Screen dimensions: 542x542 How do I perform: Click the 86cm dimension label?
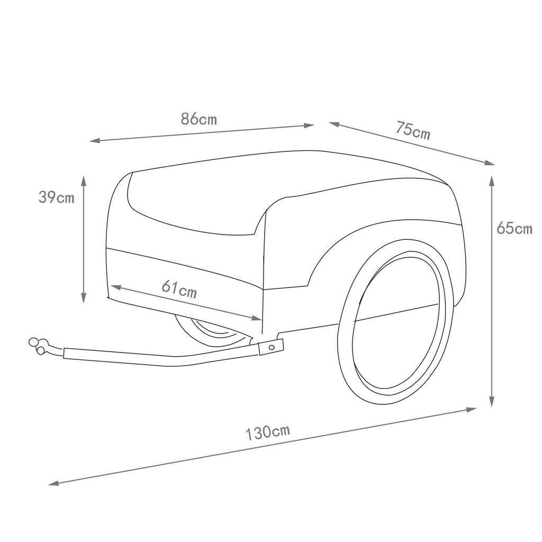[x=199, y=119]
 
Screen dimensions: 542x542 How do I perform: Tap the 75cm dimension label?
[x=413, y=131]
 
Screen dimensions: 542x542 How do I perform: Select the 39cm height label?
[x=56, y=197]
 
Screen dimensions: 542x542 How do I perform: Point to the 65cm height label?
[x=514, y=228]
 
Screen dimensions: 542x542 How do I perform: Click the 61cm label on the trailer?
[x=179, y=289]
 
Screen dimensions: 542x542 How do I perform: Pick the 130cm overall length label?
[x=267, y=432]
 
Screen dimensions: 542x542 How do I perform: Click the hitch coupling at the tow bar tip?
[x=38, y=346]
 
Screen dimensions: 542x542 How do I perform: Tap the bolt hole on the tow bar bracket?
[x=272, y=346]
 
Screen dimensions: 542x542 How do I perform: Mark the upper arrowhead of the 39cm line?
[x=83, y=180]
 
